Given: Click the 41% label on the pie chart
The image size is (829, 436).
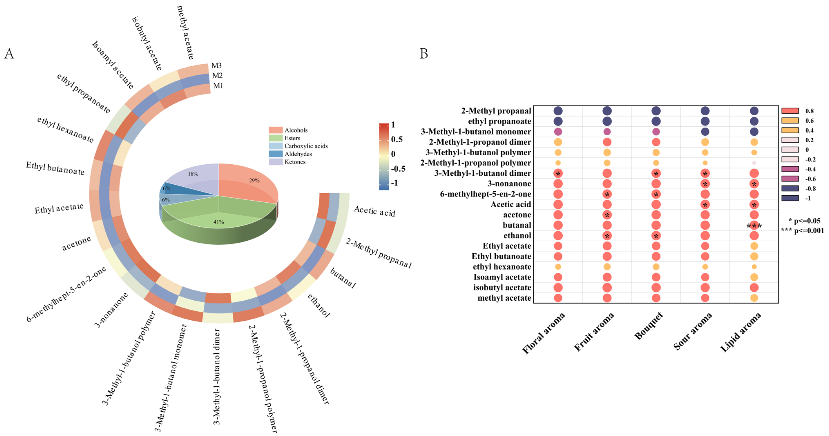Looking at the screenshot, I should (219, 222).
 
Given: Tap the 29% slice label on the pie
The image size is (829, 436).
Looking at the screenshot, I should (254, 181).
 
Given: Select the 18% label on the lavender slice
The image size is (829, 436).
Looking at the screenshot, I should (193, 174).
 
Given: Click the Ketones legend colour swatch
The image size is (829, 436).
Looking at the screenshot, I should (276, 162).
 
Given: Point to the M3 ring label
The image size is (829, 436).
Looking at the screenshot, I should (216, 66).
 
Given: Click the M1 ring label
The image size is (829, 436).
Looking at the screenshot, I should (218, 86).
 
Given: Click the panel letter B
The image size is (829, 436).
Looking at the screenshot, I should (424, 54).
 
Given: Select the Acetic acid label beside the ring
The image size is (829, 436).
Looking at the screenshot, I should (374, 211).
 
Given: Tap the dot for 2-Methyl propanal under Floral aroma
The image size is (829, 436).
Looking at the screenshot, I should (558, 111).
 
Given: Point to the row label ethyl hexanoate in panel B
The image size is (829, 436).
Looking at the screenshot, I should (502, 267).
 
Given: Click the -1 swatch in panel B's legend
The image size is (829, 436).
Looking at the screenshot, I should (790, 198).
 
